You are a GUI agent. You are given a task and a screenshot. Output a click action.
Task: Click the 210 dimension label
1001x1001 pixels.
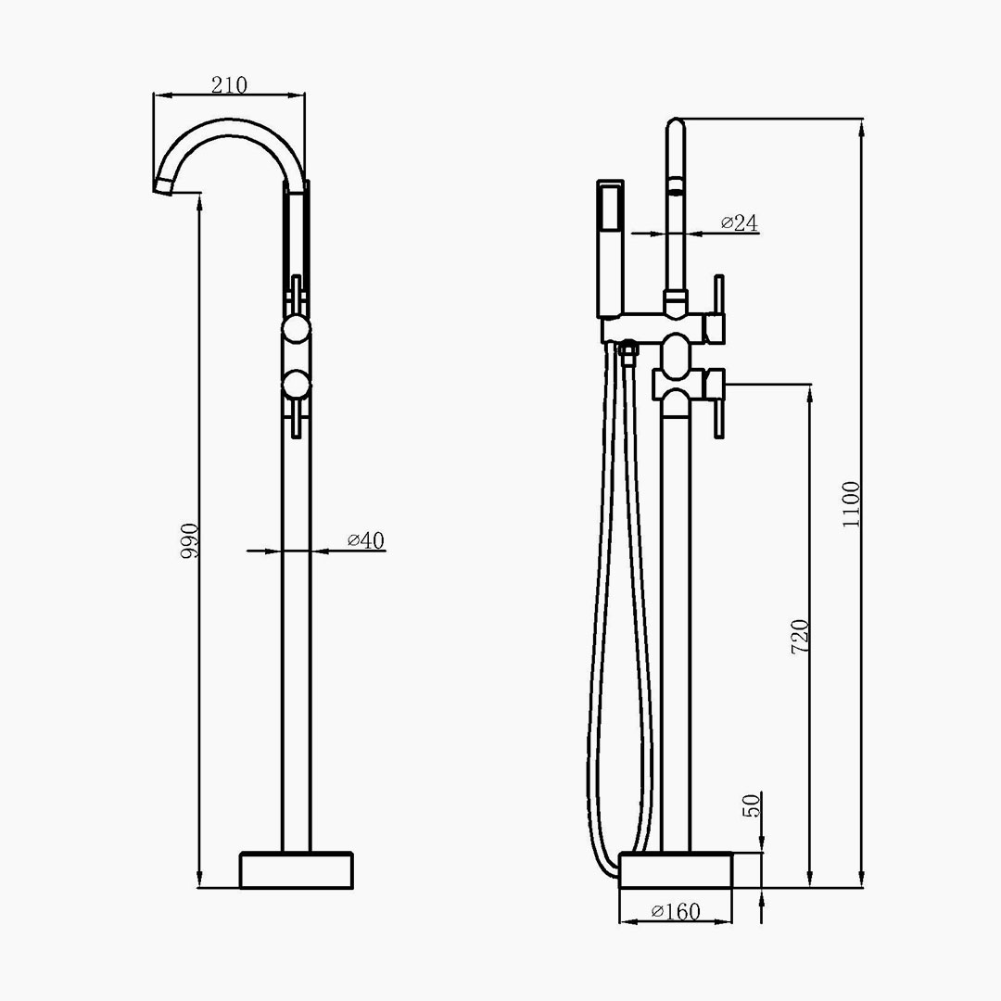click(x=229, y=85)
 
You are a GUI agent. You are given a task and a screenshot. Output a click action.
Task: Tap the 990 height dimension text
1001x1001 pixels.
click(x=190, y=541)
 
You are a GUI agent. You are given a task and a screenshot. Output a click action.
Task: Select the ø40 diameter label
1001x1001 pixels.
click(x=366, y=540)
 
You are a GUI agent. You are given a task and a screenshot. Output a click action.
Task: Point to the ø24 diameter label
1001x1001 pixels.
click(x=740, y=222)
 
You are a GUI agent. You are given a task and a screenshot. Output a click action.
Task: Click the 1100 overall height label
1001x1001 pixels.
click(x=851, y=504)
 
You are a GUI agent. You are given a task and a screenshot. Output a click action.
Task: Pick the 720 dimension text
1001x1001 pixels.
click(x=800, y=636)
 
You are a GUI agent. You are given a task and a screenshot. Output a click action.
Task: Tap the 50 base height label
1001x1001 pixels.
click(x=752, y=805)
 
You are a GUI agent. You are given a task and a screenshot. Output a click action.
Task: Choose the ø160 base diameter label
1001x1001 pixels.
click(x=676, y=911)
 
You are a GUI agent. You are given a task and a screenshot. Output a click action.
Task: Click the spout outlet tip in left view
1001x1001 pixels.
click(x=163, y=184)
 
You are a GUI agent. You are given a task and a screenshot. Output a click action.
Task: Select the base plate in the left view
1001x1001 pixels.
click(x=297, y=869)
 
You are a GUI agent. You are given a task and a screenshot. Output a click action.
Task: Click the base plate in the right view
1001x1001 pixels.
click(x=676, y=869)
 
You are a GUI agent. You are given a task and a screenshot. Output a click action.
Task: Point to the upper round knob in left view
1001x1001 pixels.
click(x=297, y=329)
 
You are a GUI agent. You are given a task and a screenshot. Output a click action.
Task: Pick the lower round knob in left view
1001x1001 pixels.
click(x=297, y=385)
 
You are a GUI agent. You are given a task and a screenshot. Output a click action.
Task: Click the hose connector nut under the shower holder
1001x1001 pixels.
click(x=628, y=352)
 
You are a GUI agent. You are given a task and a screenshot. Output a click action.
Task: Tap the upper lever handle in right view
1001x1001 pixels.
click(x=719, y=308)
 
